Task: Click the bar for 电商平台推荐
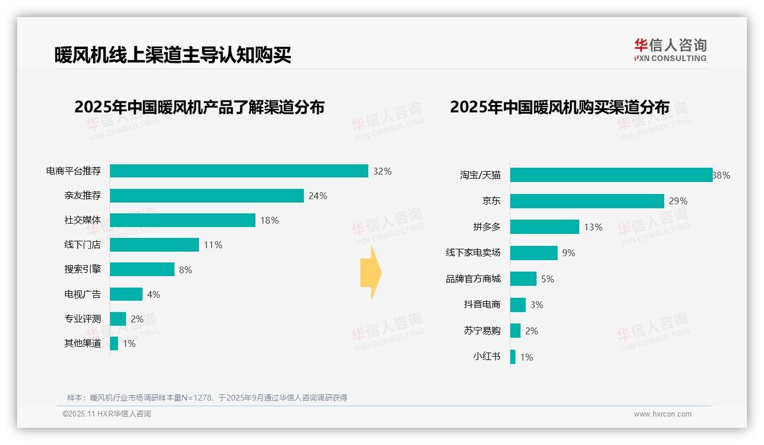click(239, 171)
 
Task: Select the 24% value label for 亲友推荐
click(318, 196)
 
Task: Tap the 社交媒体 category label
click(83, 220)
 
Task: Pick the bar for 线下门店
click(154, 245)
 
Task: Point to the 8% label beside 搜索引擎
click(185, 270)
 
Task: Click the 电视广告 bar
click(126, 294)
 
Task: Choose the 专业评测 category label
click(83, 319)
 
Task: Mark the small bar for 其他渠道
click(114, 343)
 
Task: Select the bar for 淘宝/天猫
click(611, 175)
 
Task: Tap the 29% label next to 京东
click(678, 201)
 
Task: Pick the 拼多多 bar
click(544, 227)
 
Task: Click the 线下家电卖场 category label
click(473, 253)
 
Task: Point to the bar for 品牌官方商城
click(523, 279)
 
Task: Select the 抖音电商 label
click(482, 305)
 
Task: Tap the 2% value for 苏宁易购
click(531, 331)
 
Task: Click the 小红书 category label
click(486, 357)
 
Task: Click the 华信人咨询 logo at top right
click(670, 50)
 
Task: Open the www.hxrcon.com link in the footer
click(663, 414)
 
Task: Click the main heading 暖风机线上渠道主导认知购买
click(173, 55)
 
